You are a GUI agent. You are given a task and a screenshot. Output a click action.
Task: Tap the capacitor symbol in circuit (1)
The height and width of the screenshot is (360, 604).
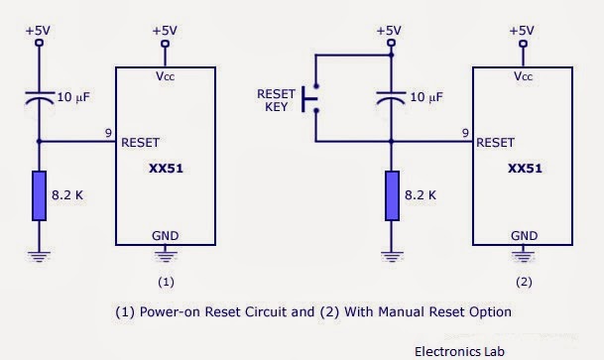(x=40, y=99)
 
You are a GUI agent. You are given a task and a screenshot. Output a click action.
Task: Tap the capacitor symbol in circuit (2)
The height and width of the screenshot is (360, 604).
(x=392, y=99)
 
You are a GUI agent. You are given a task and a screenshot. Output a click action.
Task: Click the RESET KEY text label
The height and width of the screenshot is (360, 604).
(x=276, y=99)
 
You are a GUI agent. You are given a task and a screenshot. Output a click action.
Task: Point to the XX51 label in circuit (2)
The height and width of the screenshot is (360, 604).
(x=524, y=169)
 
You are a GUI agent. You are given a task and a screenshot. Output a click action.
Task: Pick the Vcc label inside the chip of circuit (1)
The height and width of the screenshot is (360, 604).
(x=165, y=75)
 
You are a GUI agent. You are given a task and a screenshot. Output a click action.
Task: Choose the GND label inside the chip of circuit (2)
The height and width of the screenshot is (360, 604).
(x=524, y=236)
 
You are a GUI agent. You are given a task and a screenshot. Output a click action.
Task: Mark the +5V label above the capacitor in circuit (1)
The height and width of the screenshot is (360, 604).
(x=40, y=31)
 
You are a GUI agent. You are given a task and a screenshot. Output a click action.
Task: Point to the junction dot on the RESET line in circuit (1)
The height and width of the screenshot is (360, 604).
(x=40, y=142)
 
